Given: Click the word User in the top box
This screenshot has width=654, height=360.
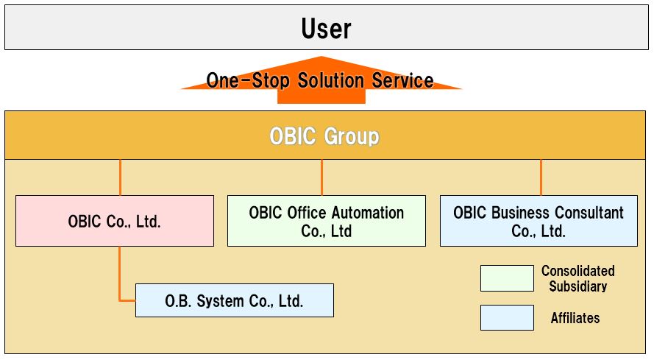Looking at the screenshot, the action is [326, 29].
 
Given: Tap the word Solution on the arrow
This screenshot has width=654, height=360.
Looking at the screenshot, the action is [330, 80].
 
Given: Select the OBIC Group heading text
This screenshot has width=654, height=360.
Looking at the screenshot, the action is [324, 135].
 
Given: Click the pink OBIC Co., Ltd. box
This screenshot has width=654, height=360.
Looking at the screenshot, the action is [115, 221].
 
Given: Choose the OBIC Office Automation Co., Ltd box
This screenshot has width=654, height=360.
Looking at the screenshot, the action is [327, 221].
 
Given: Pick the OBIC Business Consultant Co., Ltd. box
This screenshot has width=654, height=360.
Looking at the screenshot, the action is [539, 221].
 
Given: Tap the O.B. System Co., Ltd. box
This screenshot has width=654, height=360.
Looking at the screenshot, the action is [235, 300].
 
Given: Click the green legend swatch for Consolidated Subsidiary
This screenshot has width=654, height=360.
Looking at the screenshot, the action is [507, 278].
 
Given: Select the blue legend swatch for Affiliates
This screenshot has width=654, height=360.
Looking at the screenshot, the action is [507, 318].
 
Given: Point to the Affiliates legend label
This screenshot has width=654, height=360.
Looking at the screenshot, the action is [575, 318].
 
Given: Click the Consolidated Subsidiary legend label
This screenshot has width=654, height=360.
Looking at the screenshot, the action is [577, 278].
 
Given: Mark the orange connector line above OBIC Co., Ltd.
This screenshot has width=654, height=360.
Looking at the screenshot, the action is [120, 177].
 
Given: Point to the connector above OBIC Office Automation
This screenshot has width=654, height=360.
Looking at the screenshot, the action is [321, 177].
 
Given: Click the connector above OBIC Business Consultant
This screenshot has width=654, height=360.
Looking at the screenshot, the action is [541, 177].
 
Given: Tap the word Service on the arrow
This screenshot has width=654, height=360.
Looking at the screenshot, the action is [402, 80].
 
